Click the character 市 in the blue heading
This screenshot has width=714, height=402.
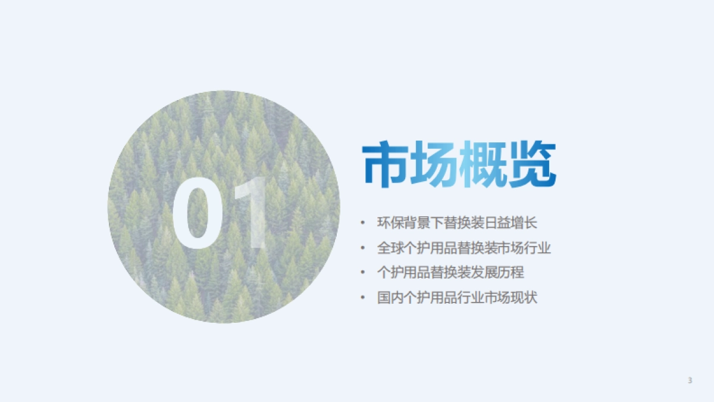386,166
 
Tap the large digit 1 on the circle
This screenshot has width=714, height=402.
252,214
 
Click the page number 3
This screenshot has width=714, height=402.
690,381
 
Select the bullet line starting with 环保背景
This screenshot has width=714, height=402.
457,223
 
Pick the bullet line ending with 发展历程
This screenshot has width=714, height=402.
450,273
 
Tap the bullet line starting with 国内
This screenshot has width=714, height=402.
457,297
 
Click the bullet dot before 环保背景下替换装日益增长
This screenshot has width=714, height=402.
362,223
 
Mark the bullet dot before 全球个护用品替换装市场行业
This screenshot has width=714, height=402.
362,248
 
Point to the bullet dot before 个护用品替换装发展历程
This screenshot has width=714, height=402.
362,273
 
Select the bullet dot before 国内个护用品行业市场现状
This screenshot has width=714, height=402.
362,297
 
